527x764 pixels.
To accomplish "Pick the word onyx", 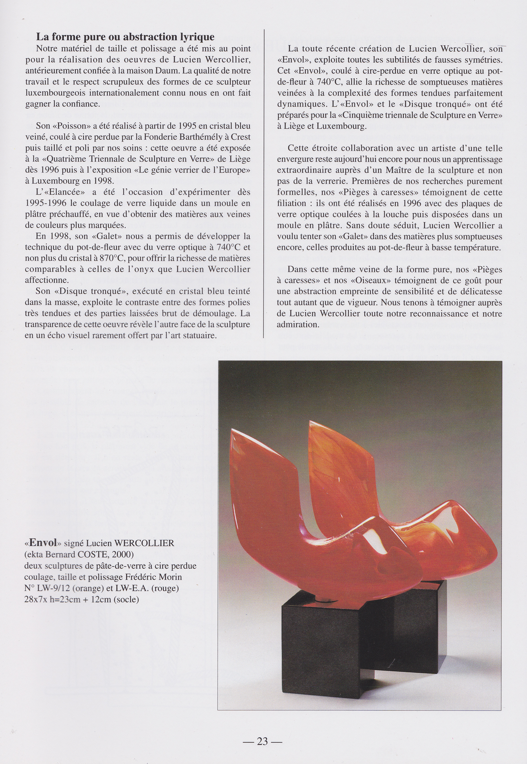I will click(145, 269).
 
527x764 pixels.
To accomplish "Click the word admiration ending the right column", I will click(298, 324).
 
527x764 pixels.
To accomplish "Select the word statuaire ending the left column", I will click(200, 335).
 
